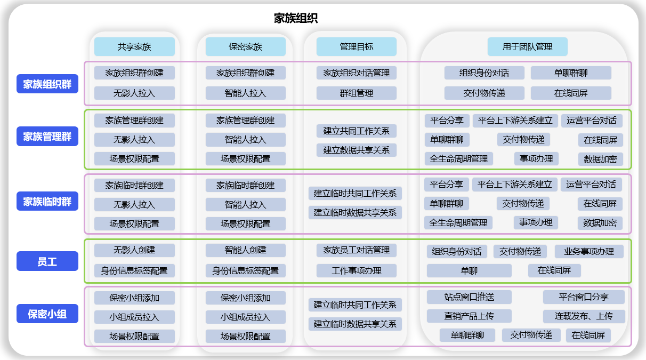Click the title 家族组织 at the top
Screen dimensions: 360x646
pyautogui.click(x=296, y=19)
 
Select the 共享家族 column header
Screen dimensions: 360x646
pyautogui.click(x=134, y=47)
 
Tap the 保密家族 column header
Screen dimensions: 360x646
pyautogui.click(x=246, y=47)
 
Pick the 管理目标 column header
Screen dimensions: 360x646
pyautogui.click(x=357, y=47)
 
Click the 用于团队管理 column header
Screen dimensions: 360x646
pyautogui.click(x=527, y=47)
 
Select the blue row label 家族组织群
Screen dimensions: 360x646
pyautogui.click(x=47, y=84)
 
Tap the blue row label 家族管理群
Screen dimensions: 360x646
pyautogui.click(x=47, y=137)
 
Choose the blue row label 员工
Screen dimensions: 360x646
pyautogui.click(x=47, y=262)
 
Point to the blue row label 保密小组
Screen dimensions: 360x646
pyautogui.click(x=47, y=314)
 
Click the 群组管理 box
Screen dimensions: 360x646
pyautogui.click(x=357, y=93)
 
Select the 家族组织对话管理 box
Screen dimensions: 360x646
pyautogui.click(x=357, y=73)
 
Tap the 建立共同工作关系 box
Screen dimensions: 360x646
pyautogui.click(x=357, y=131)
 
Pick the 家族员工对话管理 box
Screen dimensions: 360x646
pyautogui.click(x=357, y=250)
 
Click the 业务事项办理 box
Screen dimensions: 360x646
pyautogui.click(x=589, y=252)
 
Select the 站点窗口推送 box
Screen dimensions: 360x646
pyautogui.click(x=469, y=297)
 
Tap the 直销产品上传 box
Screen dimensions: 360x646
pyautogui.click(x=469, y=316)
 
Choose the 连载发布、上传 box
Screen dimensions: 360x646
pyautogui.click(x=584, y=316)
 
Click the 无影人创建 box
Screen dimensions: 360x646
pyautogui.click(x=134, y=250)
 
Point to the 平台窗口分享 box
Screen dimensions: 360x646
pyautogui.click(x=584, y=297)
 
